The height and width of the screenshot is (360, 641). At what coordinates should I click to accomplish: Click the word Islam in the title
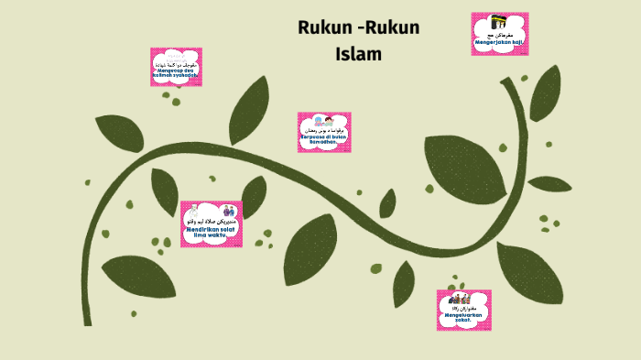tap(358, 54)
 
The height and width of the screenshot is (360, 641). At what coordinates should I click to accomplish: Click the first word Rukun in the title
tap(324, 27)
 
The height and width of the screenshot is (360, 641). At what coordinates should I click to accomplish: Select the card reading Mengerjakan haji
tap(499, 34)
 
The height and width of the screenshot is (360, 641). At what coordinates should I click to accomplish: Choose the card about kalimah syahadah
tap(176, 67)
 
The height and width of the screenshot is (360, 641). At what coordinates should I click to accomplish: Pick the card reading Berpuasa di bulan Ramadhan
tap(323, 132)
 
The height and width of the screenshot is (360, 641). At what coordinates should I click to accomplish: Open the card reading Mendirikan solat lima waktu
tap(211, 224)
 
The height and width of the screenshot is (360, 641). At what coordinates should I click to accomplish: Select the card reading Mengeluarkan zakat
tap(463, 310)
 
